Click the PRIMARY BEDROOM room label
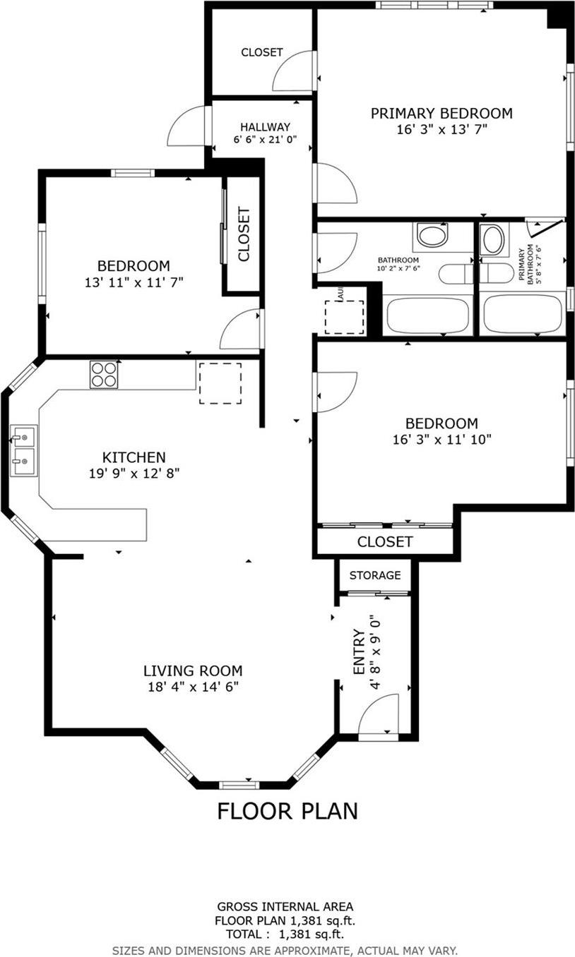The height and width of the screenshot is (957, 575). [441, 113]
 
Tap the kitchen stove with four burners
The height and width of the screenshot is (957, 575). [104, 374]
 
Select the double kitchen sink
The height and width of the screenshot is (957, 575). [23, 452]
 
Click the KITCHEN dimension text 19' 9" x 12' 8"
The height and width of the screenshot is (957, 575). [134, 474]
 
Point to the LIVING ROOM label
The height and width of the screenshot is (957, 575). [193, 671]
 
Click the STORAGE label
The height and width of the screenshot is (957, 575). [375, 575]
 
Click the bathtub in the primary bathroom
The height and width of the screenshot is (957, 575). [523, 314]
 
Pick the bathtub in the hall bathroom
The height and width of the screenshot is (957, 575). [427, 315]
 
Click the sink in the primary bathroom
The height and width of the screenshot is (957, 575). [493, 240]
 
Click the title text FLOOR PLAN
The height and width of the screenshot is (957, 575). [287, 811]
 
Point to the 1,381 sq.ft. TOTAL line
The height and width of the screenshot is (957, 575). [285, 933]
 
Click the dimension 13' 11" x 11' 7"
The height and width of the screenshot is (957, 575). [134, 282]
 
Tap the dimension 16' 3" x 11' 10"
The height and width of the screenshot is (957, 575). [441, 439]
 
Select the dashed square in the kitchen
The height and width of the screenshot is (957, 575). [220, 383]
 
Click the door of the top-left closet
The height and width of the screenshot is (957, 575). [293, 71]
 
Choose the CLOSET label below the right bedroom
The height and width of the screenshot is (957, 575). [384, 541]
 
